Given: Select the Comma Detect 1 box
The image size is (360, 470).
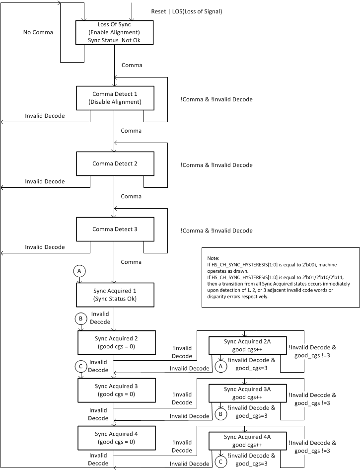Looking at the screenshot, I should click(115, 98).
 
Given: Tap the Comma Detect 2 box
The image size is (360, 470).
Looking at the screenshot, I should click(115, 163).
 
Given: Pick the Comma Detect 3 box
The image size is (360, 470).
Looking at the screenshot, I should click(115, 229).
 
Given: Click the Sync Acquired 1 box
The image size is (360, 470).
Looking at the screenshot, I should click(115, 295).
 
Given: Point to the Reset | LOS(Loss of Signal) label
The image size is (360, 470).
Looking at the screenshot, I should click(186, 11).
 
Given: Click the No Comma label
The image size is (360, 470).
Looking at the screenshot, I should click(38, 33).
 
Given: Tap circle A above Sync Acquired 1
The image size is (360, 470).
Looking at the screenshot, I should click(78, 271).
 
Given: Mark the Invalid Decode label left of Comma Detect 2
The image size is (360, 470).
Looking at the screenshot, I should click(45, 181).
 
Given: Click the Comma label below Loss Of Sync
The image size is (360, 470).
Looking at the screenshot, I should click(132, 66).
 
